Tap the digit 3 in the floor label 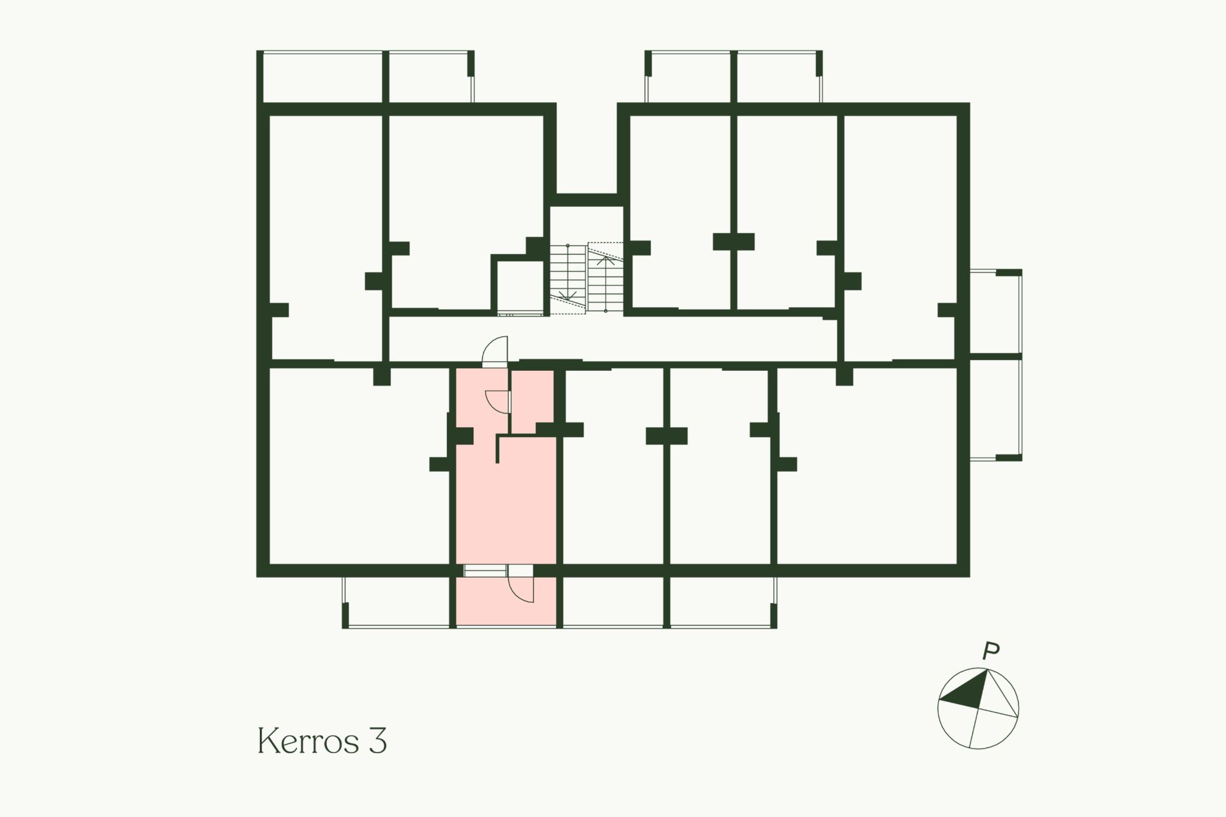377,741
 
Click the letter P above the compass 990,652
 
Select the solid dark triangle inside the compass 967,692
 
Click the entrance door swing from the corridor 494,351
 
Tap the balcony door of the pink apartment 520,584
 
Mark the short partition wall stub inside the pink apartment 498,449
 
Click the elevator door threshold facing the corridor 520,313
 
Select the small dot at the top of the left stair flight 568,246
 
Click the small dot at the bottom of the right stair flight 606,311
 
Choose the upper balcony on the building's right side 995,311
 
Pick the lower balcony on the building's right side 995,408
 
